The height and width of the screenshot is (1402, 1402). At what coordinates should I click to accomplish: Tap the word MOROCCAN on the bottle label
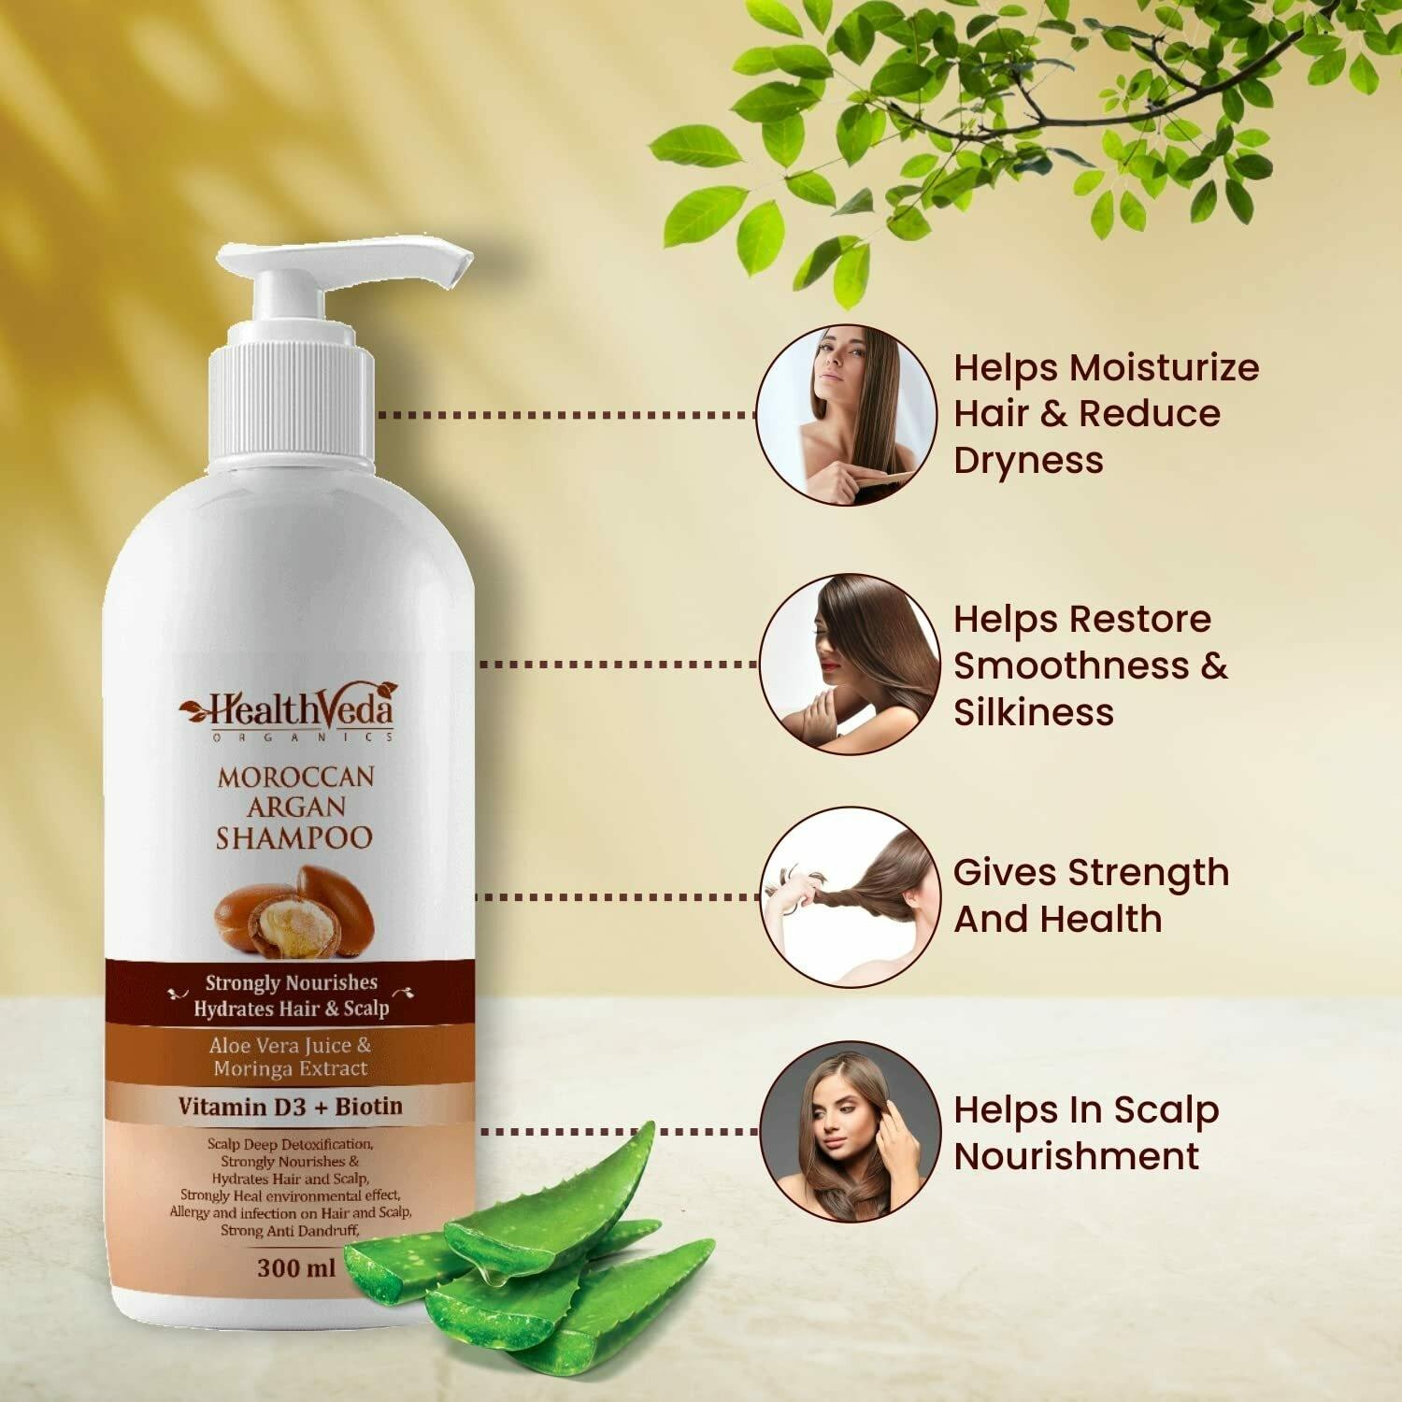point(296,778)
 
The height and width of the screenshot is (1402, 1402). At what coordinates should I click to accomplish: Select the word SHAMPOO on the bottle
point(294,837)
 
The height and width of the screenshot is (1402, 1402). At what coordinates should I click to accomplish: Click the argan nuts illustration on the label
point(294,912)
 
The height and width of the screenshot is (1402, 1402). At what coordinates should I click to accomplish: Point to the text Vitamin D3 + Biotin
point(291,1107)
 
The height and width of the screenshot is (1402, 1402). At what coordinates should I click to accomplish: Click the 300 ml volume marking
point(295,1268)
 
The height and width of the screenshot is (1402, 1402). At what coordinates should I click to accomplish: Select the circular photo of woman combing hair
point(846,414)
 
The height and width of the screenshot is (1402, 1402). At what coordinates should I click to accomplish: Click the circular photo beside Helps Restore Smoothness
point(850,665)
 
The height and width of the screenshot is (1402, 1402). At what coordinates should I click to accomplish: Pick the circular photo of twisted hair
point(850,897)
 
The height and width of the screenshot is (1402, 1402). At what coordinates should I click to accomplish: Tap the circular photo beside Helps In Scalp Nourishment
point(850,1131)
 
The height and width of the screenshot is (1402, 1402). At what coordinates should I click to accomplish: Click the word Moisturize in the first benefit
point(1164,367)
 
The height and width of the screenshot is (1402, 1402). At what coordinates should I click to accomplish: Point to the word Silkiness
point(1034,712)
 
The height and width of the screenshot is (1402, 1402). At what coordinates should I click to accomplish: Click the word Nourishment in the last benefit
point(1077,1156)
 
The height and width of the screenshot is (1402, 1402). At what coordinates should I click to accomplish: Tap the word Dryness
point(1028,461)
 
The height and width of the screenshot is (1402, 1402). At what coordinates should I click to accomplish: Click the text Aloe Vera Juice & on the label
point(291,1046)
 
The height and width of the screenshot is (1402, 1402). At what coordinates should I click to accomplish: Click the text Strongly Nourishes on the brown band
point(292,982)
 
